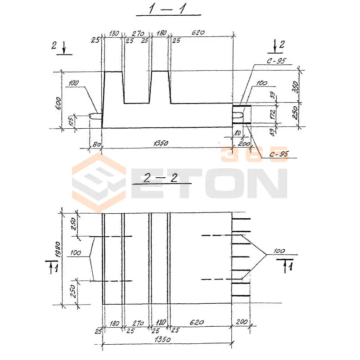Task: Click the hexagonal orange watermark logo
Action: tap(99, 182)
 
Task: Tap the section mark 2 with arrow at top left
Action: tap(59, 46)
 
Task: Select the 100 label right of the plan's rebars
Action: tap(279, 250)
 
